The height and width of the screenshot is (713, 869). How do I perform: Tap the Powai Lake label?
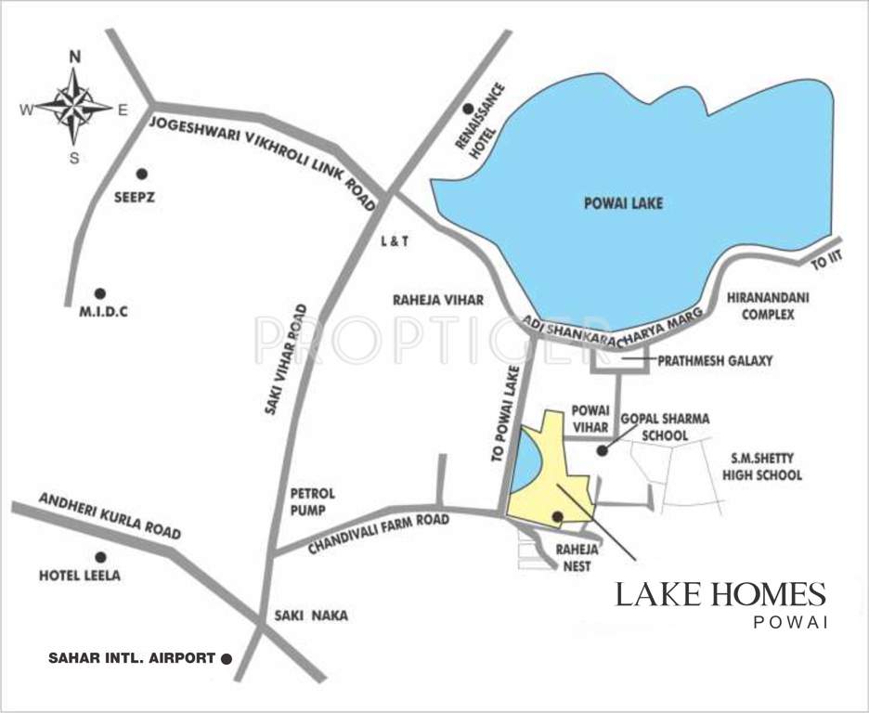tap(624, 203)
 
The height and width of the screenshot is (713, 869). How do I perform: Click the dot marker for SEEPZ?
tap(142, 174)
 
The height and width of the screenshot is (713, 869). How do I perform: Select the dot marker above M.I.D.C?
tap(100, 292)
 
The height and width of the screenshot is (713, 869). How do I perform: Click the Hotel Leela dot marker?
tap(100, 557)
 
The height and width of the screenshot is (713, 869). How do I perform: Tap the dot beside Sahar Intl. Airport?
tap(226, 658)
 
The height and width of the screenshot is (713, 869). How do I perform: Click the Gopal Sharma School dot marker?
tap(602, 451)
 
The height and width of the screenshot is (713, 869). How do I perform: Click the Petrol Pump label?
tap(312, 500)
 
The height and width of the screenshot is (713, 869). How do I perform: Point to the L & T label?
tap(395, 240)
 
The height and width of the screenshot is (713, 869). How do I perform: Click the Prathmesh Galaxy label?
tap(715, 360)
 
